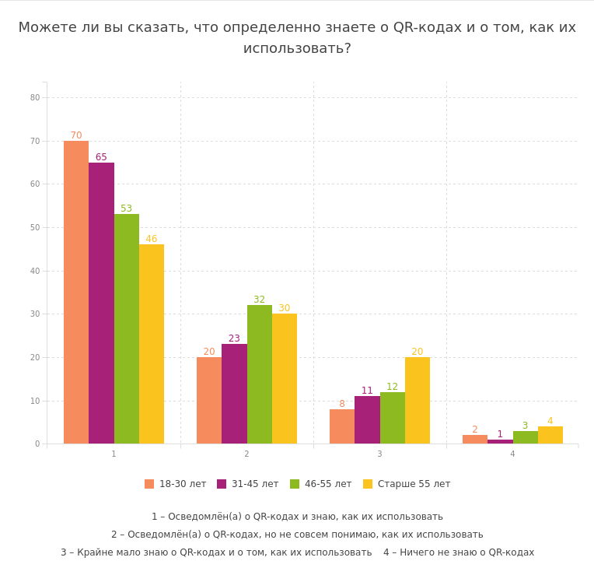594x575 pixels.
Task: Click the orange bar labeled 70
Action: (x=76, y=292)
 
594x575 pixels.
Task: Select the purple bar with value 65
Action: (x=101, y=303)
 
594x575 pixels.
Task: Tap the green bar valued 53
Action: (x=127, y=328)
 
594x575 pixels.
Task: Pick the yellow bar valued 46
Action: (x=152, y=344)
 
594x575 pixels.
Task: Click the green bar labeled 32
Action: (x=260, y=374)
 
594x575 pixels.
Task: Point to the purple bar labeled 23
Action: (x=234, y=394)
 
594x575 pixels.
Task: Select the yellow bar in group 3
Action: (x=418, y=400)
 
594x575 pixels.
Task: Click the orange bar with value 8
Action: (x=342, y=426)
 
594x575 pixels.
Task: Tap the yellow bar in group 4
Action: (x=550, y=435)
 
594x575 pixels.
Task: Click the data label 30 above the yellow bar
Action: (x=285, y=308)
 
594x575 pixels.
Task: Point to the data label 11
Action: (x=367, y=391)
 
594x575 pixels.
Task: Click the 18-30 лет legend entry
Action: (x=176, y=484)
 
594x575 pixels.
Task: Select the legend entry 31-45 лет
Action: (x=248, y=484)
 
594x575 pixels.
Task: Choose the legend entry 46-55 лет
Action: (x=320, y=484)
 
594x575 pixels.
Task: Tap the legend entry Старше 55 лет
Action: (x=407, y=484)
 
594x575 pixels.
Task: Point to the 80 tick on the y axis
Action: (x=35, y=97)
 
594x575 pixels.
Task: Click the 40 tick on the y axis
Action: (x=35, y=271)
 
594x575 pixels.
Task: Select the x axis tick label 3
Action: (x=379, y=454)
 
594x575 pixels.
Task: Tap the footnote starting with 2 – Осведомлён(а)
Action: (x=297, y=535)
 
